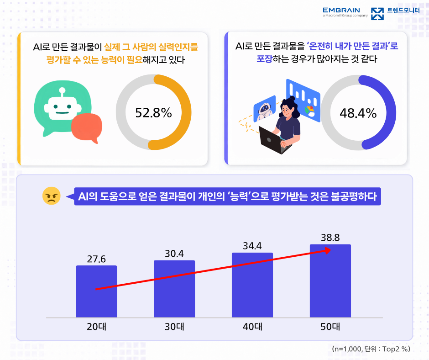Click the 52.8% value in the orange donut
pyautogui.click(x=153, y=112)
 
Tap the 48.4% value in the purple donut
pyautogui.click(x=358, y=113)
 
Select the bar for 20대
pyautogui.click(x=96, y=291)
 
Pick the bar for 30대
pyautogui.click(x=174, y=289)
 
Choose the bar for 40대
pyautogui.click(x=252, y=285)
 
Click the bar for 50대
pyautogui.click(x=330, y=281)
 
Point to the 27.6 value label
pyautogui.click(x=96, y=259)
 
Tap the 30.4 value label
pyautogui.click(x=174, y=254)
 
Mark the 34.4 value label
pyautogui.click(x=252, y=246)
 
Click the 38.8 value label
pyautogui.click(x=330, y=238)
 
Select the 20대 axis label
pyautogui.click(x=96, y=327)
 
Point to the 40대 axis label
pyautogui.click(x=252, y=327)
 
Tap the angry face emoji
pyautogui.click(x=52, y=196)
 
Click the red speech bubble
pyautogui.click(x=87, y=127)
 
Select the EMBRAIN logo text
pyautogui.click(x=341, y=11)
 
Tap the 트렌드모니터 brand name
pyautogui.click(x=403, y=11)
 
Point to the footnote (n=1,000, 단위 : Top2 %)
pyautogui.click(x=371, y=349)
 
